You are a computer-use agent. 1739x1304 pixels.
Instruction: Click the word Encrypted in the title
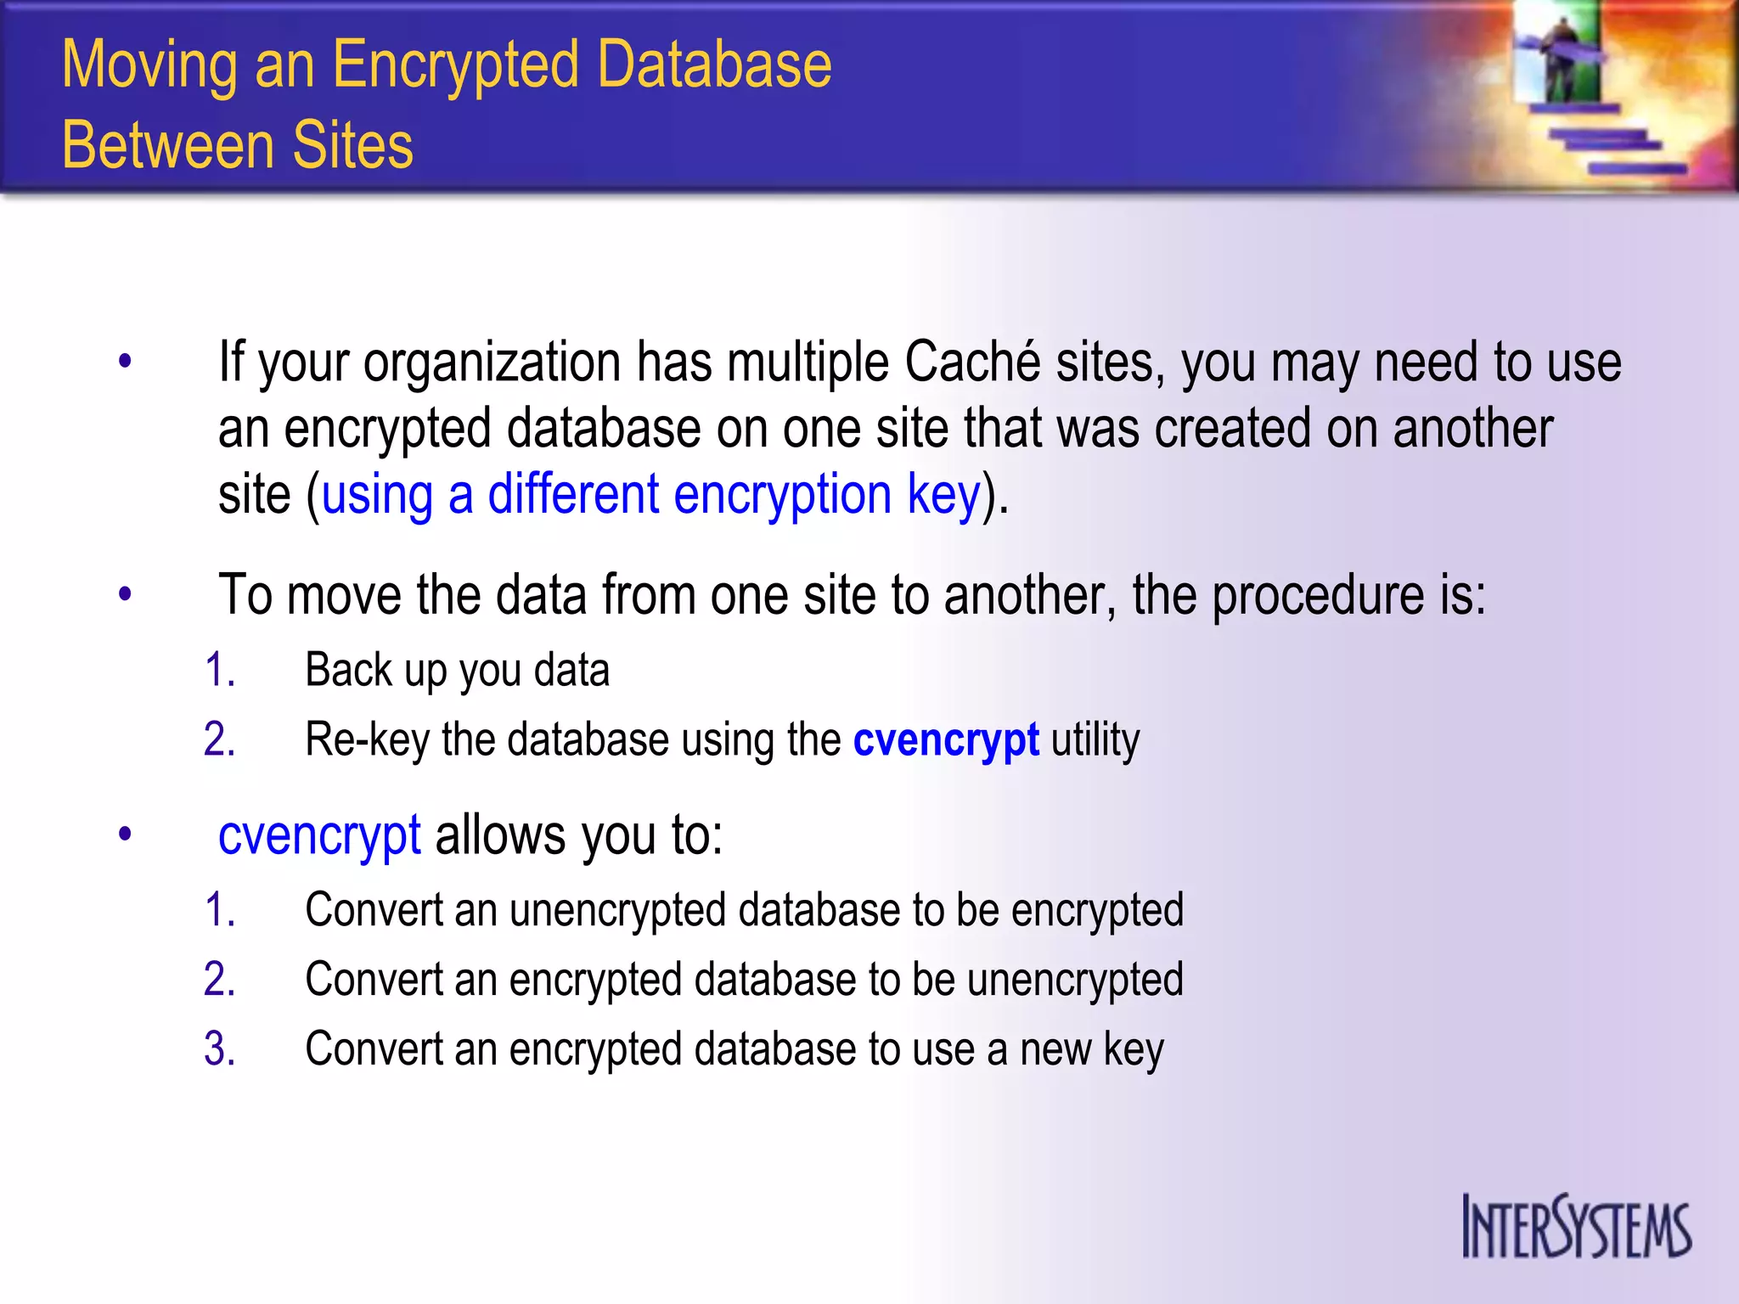tap(453, 65)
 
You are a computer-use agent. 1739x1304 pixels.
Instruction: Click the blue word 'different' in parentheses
tap(573, 494)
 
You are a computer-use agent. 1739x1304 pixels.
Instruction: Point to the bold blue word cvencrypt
tap(946, 739)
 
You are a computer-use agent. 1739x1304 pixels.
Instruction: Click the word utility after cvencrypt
tap(1095, 739)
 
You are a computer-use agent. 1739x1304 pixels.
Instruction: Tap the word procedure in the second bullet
tap(1317, 595)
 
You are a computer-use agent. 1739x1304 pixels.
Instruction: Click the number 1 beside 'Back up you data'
tap(217, 670)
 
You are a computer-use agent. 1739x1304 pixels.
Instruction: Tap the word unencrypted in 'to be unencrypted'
tap(1075, 980)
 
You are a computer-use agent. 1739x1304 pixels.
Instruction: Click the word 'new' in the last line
tap(1055, 1049)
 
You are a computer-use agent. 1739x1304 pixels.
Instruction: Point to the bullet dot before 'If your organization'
tap(126, 362)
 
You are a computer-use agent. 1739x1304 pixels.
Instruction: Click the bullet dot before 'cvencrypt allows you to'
tap(126, 835)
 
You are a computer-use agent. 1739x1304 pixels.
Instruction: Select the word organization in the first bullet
tap(492, 363)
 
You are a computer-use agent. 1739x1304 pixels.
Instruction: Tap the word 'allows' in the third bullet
tap(500, 835)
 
